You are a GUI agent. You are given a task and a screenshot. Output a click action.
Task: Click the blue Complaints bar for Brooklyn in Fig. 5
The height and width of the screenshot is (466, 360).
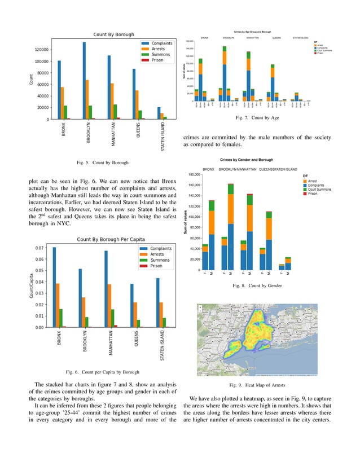[x=84, y=81]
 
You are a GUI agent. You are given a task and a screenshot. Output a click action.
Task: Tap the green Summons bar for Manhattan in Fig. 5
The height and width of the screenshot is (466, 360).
[x=116, y=112]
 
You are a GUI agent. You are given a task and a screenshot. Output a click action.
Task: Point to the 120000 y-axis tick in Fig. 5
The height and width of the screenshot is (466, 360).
[x=39, y=50]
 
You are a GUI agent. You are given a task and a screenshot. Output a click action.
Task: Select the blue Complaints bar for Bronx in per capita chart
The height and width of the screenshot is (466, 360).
[x=54, y=287]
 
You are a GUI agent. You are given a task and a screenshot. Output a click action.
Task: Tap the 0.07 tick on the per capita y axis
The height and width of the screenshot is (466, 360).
[x=41, y=248]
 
